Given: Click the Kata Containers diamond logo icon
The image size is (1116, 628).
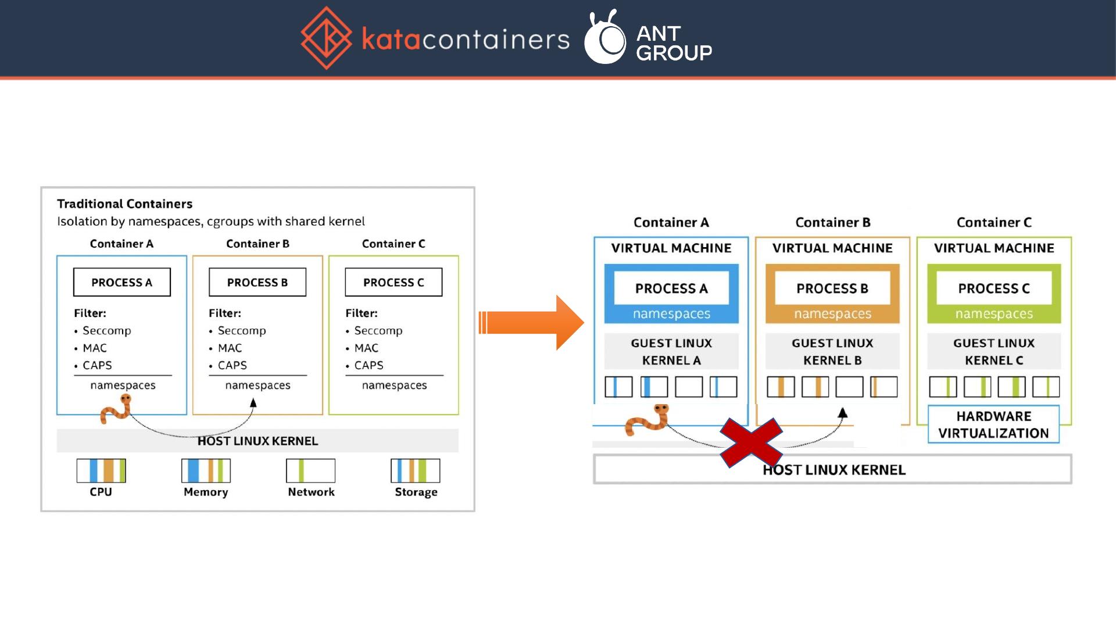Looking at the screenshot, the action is coord(326,38).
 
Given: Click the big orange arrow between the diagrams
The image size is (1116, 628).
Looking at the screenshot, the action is coord(531,323).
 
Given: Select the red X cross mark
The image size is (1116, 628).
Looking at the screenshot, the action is coord(751,443).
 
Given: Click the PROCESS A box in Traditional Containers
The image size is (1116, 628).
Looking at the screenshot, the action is coord(122,282).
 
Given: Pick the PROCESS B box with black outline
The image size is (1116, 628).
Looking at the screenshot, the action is coord(257,282).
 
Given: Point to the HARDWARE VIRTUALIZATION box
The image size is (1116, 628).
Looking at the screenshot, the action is coord(993,424).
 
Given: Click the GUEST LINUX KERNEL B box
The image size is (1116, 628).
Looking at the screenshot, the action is coord(832,351).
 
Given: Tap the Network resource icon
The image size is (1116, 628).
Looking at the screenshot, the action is coord(310,470).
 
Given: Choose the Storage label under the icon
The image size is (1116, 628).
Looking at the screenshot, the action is coord(416,492).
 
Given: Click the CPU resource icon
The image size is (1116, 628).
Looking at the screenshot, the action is coord(101,470).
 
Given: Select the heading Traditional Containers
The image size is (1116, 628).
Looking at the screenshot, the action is coord(124,204).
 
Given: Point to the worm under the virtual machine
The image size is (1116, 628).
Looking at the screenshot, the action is coord(647,420).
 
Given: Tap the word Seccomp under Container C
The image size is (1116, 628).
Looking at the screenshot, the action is coord(378,330).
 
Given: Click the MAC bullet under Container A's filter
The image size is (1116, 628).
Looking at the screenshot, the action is coord(95,348).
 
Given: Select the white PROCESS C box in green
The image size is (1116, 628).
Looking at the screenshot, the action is coord(994,288).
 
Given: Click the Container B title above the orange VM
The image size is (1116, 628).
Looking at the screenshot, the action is coord(833,222).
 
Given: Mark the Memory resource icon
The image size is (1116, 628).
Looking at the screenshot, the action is coord(206,470).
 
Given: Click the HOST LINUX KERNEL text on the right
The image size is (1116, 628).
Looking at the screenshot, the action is coord(834,470).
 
